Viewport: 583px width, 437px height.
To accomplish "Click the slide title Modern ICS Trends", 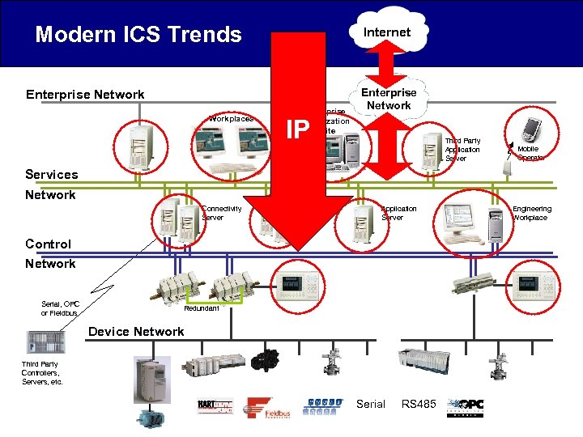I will [138, 35].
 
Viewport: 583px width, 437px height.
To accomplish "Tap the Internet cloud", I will [386, 32].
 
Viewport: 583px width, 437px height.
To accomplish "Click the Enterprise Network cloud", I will [389, 99].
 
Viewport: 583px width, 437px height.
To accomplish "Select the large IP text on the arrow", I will [299, 128].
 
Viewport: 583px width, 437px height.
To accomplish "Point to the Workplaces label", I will [231, 119].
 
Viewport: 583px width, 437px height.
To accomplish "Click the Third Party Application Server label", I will [462, 150].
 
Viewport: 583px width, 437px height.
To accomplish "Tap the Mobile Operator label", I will [530, 153].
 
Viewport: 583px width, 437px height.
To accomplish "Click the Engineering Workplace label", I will [531, 213].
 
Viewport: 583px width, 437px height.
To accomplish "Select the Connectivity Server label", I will [221, 213].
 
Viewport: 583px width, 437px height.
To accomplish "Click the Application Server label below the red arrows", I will [398, 213].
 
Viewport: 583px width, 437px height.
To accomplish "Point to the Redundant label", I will [202, 308].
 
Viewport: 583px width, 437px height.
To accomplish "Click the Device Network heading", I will [136, 331].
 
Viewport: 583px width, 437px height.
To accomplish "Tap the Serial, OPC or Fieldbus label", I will [60, 308].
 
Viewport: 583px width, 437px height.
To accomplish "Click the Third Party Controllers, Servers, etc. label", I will [42, 373].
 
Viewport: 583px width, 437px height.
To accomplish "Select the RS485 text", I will [419, 404].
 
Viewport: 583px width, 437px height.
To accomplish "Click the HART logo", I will [215, 407].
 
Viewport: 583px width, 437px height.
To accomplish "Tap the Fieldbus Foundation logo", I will [268, 409].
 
